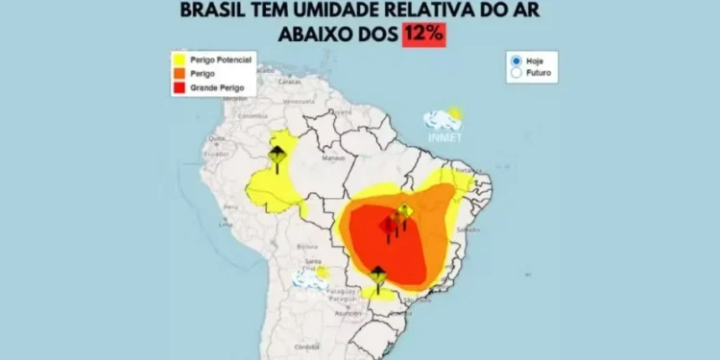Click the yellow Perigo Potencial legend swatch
[x=178, y=60]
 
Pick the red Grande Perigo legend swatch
[x=178, y=87]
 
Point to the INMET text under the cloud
[x=444, y=137]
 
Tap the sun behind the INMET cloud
[x=454, y=113]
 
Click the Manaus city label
[x=334, y=156]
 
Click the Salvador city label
[x=468, y=230]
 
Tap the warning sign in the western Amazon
[x=276, y=158]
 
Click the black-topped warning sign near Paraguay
[x=377, y=276]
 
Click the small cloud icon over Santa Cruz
[x=309, y=278]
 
